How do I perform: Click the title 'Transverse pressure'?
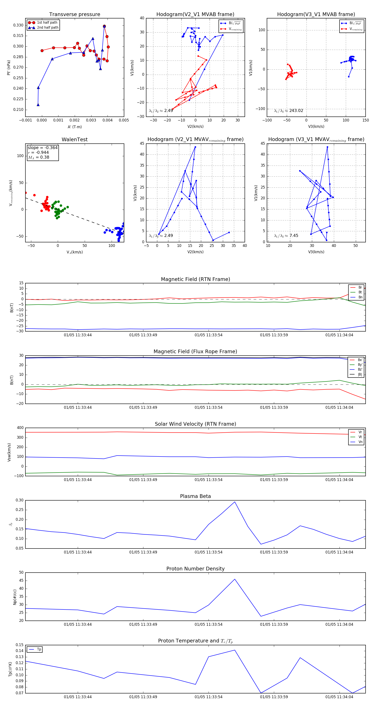pos(75,15)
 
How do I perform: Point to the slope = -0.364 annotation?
pos(43,148)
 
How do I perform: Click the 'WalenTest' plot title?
pos(75,140)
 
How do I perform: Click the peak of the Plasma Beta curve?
pos(235,502)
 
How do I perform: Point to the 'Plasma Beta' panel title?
pos(195,496)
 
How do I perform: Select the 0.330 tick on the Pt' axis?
pos(18,25)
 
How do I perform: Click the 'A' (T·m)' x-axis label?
pos(75,127)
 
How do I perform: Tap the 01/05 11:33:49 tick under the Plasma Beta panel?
pos(143,552)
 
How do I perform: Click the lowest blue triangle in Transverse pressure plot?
pos(38,105)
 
